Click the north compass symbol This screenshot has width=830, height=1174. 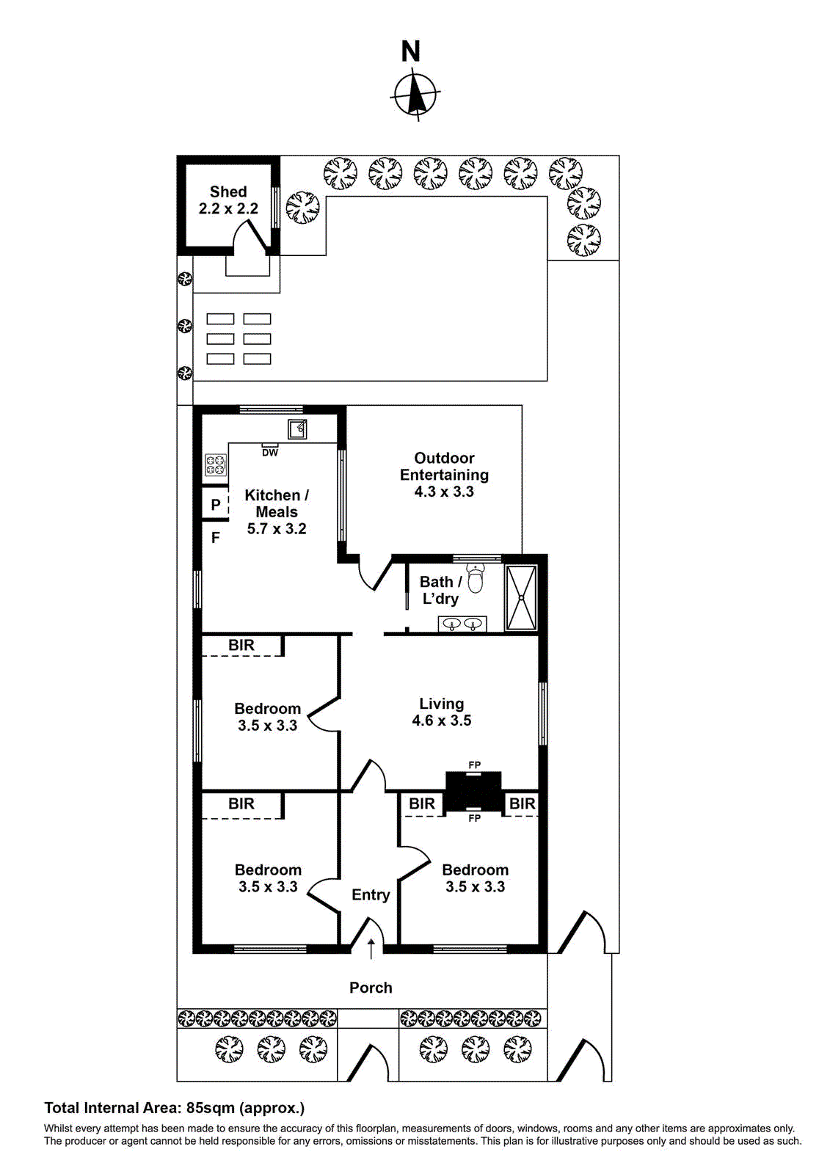416,95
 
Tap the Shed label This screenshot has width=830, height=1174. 228,192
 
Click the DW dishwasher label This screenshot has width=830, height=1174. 270,453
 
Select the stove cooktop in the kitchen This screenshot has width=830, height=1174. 215,464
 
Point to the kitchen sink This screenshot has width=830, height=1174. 297,429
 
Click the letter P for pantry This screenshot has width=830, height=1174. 216,505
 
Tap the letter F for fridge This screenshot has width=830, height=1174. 216,538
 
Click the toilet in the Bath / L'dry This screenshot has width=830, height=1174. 476,578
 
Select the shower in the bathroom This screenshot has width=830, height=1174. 521,597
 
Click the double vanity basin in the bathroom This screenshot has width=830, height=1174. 462,624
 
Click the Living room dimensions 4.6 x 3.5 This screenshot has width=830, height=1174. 442,721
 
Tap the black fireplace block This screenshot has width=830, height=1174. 474,790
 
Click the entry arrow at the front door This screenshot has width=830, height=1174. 371,948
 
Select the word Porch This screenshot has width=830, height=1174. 371,988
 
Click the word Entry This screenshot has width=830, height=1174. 371,894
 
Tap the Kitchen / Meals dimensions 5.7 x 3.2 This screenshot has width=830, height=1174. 277,529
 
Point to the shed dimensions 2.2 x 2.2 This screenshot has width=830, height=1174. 228,208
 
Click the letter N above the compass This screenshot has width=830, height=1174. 411,51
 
